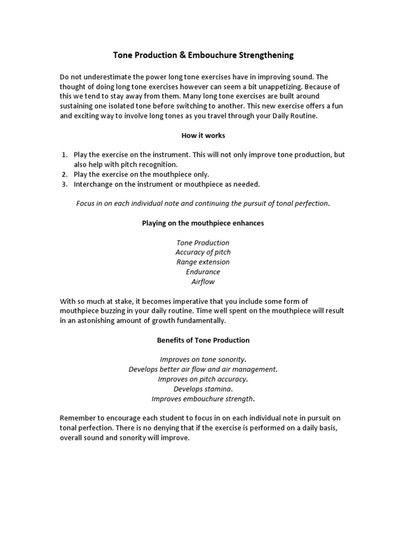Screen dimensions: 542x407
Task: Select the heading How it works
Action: coord(203,135)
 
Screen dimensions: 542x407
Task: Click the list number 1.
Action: coord(64,155)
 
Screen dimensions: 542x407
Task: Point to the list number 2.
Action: coord(64,174)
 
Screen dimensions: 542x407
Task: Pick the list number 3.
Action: coord(64,184)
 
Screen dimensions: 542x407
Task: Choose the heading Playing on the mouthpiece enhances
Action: coord(203,223)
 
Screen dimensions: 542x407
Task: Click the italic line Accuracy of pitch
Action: coord(203,252)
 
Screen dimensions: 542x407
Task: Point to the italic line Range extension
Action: coord(203,262)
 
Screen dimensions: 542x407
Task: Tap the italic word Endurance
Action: coord(203,272)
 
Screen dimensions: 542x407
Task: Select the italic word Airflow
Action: coord(203,282)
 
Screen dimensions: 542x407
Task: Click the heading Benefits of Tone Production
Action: coord(203,340)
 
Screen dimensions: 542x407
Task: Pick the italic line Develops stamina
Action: coord(203,389)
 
